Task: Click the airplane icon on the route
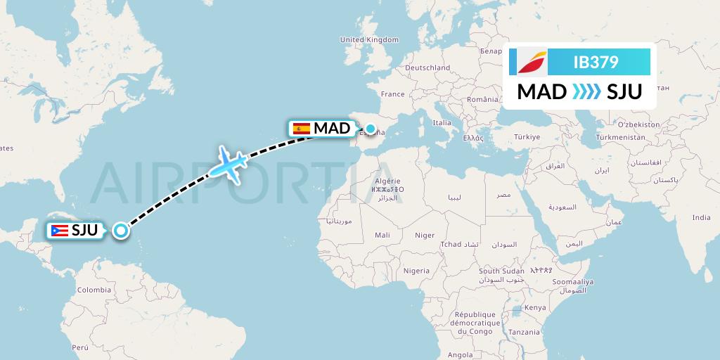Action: point(229,165)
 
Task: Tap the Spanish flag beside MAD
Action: point(302,128)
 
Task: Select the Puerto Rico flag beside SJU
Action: point(60,230)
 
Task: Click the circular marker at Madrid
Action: point(370,129)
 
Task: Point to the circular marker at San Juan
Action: point(121,230)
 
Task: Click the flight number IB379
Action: point(596,63)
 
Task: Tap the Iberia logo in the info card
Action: point(532,62)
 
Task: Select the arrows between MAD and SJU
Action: point(586,91)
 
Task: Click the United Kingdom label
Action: point(369,40)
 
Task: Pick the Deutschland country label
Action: point(428,67)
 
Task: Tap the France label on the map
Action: point(392,94)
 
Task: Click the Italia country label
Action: point(442,122)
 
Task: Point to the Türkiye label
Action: point(526,136)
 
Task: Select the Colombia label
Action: point(94,290)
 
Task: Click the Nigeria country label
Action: point(416,271)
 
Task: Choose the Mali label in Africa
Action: point(382,236)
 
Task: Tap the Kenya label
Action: point(535,307)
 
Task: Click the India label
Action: point(701,218)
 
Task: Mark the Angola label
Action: point(461,355)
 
